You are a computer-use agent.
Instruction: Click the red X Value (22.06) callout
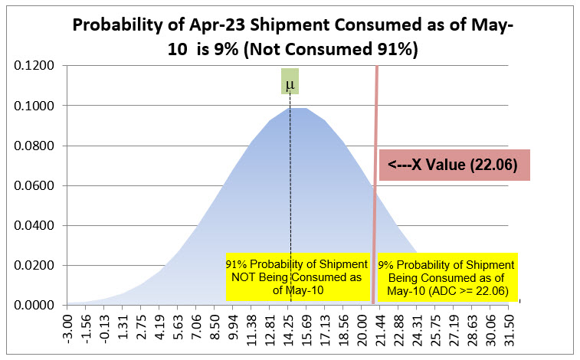point(456,165)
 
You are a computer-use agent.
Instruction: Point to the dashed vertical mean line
point(290,191)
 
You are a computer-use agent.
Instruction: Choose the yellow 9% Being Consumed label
point(447,277)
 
